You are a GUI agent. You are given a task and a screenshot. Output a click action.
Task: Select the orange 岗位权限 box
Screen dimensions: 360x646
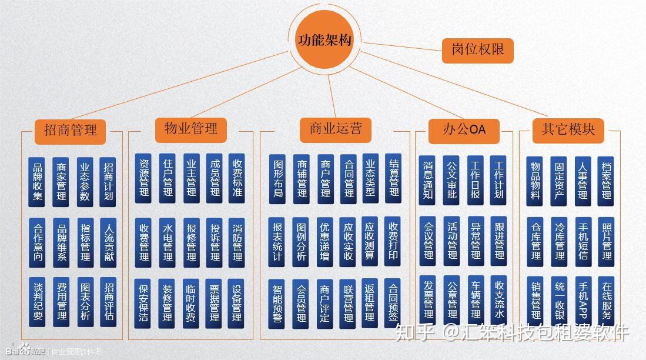pyautogui.click(x=477, y=50)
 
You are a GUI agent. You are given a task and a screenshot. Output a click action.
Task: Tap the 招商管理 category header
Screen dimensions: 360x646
pyautogui.click(x=70, y=130)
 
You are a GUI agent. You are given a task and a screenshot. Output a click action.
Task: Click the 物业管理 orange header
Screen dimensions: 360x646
pyautogui.click(x=190, y=128)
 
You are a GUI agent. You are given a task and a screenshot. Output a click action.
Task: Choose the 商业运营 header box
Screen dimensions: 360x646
pyautogui.click(x=336, y=128)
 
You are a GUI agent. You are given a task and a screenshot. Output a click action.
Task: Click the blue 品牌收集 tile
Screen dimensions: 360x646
pyautogui.click(x=36, y=181)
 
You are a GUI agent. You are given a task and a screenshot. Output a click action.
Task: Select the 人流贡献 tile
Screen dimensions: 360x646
pyautogui.click(x=108, y=241)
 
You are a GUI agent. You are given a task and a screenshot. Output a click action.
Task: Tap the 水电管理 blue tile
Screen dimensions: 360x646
pyautogui.click(x=167, y=242)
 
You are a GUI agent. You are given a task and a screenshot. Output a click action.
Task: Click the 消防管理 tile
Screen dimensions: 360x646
pyautogui.click(x=237, y=242)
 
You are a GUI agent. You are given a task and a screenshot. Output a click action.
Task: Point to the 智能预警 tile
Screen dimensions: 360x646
pyautogui.click(x=277, y=303)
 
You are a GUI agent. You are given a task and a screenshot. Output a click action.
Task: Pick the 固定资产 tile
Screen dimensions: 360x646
pyautogui.click(x=558, y=181)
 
